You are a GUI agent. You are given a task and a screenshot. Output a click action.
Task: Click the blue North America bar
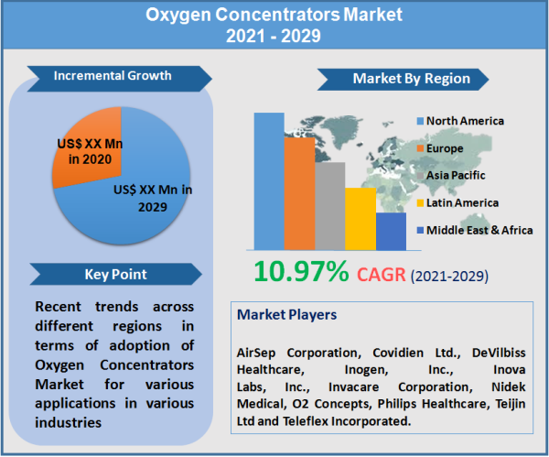(x=269, y=180)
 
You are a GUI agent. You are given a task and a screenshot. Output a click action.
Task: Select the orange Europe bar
(x=299, y=193)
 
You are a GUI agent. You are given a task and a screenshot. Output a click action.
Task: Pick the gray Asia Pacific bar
(x=329, y=206)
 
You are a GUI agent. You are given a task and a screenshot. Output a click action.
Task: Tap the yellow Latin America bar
(x=360, y=219)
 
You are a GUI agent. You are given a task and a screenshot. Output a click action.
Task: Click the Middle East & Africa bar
(x=391, y=231)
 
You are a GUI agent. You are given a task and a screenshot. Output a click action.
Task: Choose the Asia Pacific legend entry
(x=454, y=175)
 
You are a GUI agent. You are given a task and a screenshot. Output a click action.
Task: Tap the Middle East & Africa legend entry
(x=473, y=230)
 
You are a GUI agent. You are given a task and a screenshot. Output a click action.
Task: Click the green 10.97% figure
(x=301, y=271)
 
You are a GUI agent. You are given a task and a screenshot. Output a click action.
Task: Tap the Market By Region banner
(x=411, y=79)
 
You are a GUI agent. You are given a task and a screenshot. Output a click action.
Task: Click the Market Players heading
(x=286, y=314)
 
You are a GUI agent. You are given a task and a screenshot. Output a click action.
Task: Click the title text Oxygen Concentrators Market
(x=274, y=16)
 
